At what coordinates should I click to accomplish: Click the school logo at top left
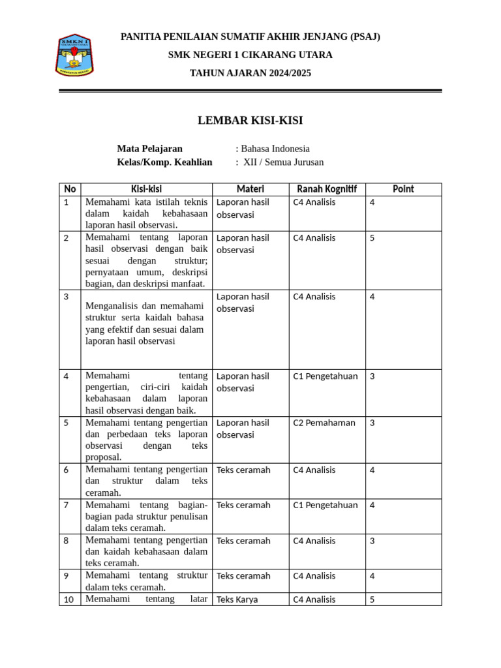click(x=75, y=56)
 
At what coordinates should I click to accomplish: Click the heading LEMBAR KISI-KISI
click(x=250, y=121)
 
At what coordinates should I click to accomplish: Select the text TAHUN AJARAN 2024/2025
click(x=250, y=73)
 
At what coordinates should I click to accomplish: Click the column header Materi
click(x=250, y=189)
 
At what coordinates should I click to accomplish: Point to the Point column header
click(x=403, y=189)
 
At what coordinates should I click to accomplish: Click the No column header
click(x=70, y=189)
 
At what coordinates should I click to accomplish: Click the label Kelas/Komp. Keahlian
click(x=164, y=162)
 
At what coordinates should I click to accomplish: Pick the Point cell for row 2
click(x=372, y=238)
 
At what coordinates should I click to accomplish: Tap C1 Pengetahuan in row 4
click(x=325, y=376)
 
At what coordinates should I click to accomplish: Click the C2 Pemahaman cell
click(x=324, y=423)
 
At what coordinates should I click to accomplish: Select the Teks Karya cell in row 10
click(x=237, y=600)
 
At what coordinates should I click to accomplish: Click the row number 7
click(x=67, y=506)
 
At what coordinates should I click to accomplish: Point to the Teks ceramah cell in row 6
click(x=243, y=470)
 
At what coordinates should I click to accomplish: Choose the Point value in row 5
click(x=372, y=423)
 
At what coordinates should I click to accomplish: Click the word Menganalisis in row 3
click(x=112, y=305)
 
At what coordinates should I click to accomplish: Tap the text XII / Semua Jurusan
click(x=283, y=162)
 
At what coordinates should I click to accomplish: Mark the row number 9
click(x=67, y=576)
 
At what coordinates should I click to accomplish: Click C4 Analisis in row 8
click(x=314, y=541)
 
